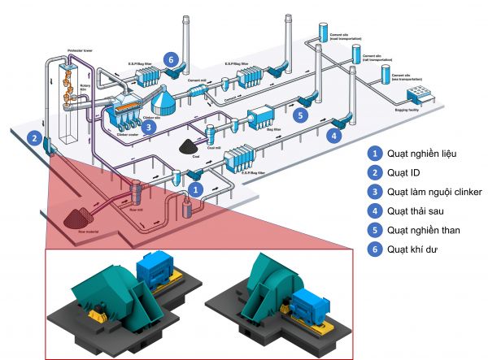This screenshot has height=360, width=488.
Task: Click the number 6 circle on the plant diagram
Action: pos(169,59)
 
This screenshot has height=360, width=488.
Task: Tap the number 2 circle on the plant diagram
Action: pos(34,139)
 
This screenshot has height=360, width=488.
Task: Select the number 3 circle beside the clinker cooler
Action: pos(147,127)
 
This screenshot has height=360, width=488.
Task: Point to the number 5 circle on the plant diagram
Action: pos(301,116)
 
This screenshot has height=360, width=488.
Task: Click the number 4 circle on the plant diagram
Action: pos(333,136)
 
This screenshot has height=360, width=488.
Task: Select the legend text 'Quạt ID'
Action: pos(406,172)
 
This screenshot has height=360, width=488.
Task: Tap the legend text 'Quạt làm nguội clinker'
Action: pos(435,192)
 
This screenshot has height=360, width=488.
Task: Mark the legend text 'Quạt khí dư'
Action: pos(413,249)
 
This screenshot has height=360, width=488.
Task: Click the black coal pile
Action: pos(190,148)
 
